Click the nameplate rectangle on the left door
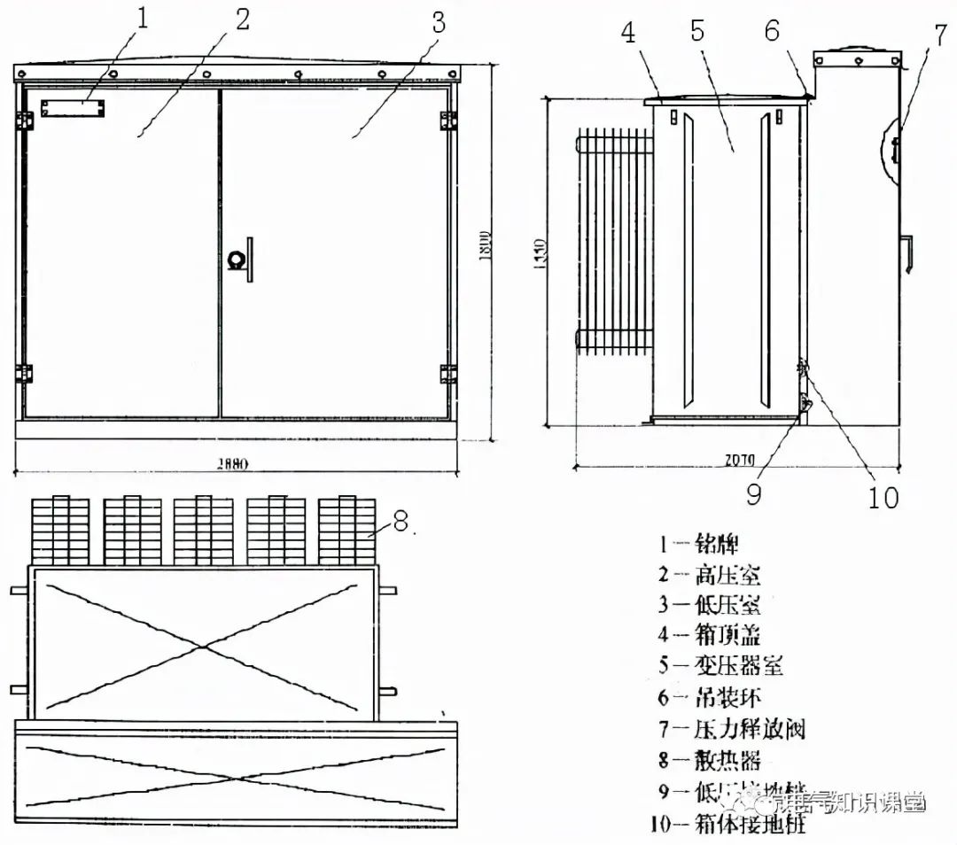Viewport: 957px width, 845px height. point(72,108)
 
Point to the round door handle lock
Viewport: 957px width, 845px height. point(237,259)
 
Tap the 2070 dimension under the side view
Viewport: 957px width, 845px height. point(737,459)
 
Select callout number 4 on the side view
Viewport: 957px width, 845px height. point(628,33)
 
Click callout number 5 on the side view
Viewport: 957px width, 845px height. point(696,33)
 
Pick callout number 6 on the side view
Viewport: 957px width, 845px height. point(773,31)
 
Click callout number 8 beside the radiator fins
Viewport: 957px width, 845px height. point(401,523)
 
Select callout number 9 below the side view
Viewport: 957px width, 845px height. point(753,493)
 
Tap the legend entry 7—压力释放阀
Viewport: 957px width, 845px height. point(731,729)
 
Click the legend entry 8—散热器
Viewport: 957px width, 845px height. point(709,760)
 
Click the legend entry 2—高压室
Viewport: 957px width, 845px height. point(709,575)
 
